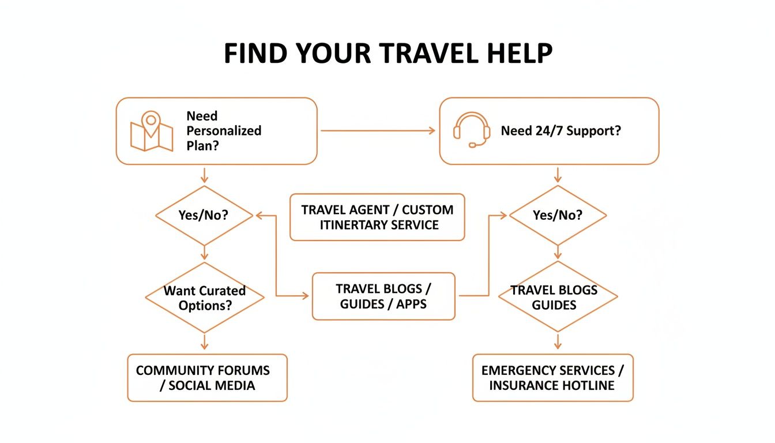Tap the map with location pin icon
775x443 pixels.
(151, 132)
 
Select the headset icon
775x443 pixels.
(471, 130)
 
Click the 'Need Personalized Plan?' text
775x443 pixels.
(223, 131)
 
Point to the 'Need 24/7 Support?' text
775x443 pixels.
(560, 131)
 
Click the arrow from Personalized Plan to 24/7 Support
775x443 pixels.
(378, 131)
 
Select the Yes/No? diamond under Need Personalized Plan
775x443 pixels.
(204, 216)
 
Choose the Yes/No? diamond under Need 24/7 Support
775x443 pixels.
(558, 216)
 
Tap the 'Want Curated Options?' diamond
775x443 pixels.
(204, 298)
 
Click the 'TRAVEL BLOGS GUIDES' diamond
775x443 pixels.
(557, 297)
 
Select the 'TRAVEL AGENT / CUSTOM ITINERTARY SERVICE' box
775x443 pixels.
(377, 217)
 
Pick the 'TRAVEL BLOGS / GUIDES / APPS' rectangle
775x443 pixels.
(383, 296)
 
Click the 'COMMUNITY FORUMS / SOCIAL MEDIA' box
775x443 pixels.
(207, 378)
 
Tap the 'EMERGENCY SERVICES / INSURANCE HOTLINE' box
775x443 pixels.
(552, 378)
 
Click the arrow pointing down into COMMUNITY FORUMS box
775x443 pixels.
(204, 343)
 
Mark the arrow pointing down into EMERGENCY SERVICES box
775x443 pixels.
(558, 342)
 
